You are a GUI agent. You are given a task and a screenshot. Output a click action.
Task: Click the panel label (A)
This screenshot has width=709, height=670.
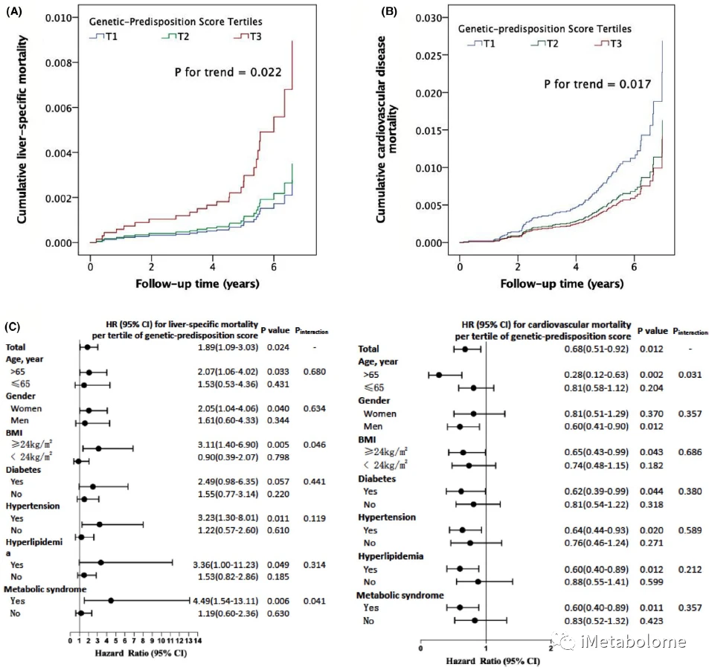[x=14, y=13]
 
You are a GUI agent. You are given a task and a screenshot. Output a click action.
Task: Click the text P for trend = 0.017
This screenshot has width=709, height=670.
[x=597, y=84]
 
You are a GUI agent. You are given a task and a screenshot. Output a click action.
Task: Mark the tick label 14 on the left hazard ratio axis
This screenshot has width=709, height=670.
[x=198, y=640]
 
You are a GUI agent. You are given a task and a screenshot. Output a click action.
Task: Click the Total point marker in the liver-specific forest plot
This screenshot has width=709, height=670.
[x=87, y=347]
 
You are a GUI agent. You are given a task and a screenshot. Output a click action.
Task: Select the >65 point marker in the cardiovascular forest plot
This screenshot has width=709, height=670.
[x=440, y=375]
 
